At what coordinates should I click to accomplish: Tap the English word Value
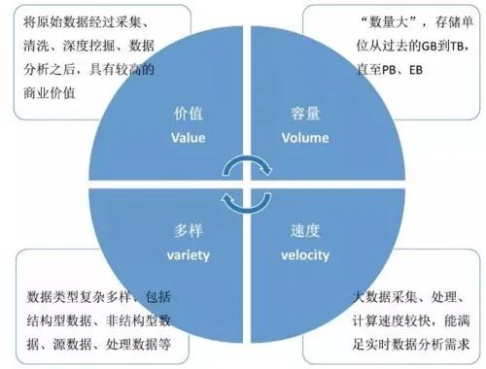tap(188, 138)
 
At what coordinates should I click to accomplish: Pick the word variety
tap(188, 255)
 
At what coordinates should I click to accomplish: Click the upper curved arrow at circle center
tap(242, 166)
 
